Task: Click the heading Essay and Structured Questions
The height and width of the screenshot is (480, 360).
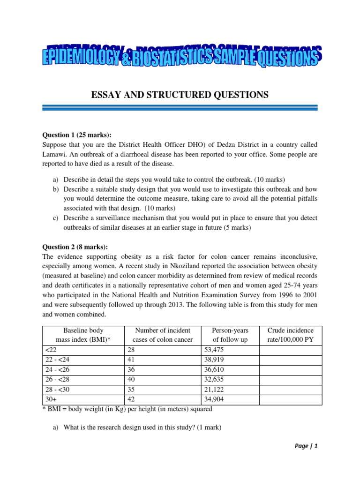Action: (x=180, y=95)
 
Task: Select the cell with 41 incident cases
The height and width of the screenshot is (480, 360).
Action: (x=132, y=360)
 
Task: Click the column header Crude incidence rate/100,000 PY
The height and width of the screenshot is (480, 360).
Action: (x=291, y=335)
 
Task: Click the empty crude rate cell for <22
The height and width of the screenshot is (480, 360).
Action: (x=291, y=350)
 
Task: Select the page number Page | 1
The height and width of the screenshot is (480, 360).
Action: (x=306, y=446)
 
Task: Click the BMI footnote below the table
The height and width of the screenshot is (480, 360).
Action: (x=127, y=409)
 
